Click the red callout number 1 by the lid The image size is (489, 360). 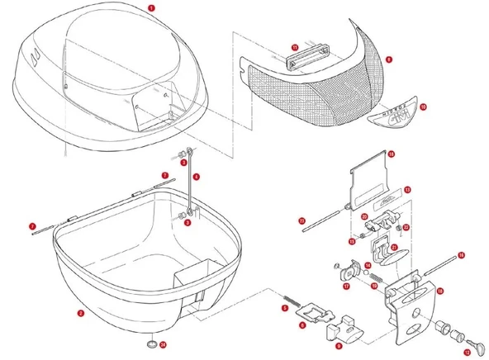click(150, 7)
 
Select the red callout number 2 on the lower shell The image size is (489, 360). click(79, 314)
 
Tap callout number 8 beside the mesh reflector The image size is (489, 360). click(388, 59)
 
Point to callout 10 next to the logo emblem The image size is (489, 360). click(422, 107)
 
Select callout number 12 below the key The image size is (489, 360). click(467, 351)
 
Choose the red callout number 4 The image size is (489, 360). click(196, 177)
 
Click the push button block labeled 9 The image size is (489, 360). click(344, 331)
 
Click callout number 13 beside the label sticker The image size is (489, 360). click(406, 189)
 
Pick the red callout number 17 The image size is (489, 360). click(347, 287)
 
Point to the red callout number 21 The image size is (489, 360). click(395, 247)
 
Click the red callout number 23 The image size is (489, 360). click(302, 220)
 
